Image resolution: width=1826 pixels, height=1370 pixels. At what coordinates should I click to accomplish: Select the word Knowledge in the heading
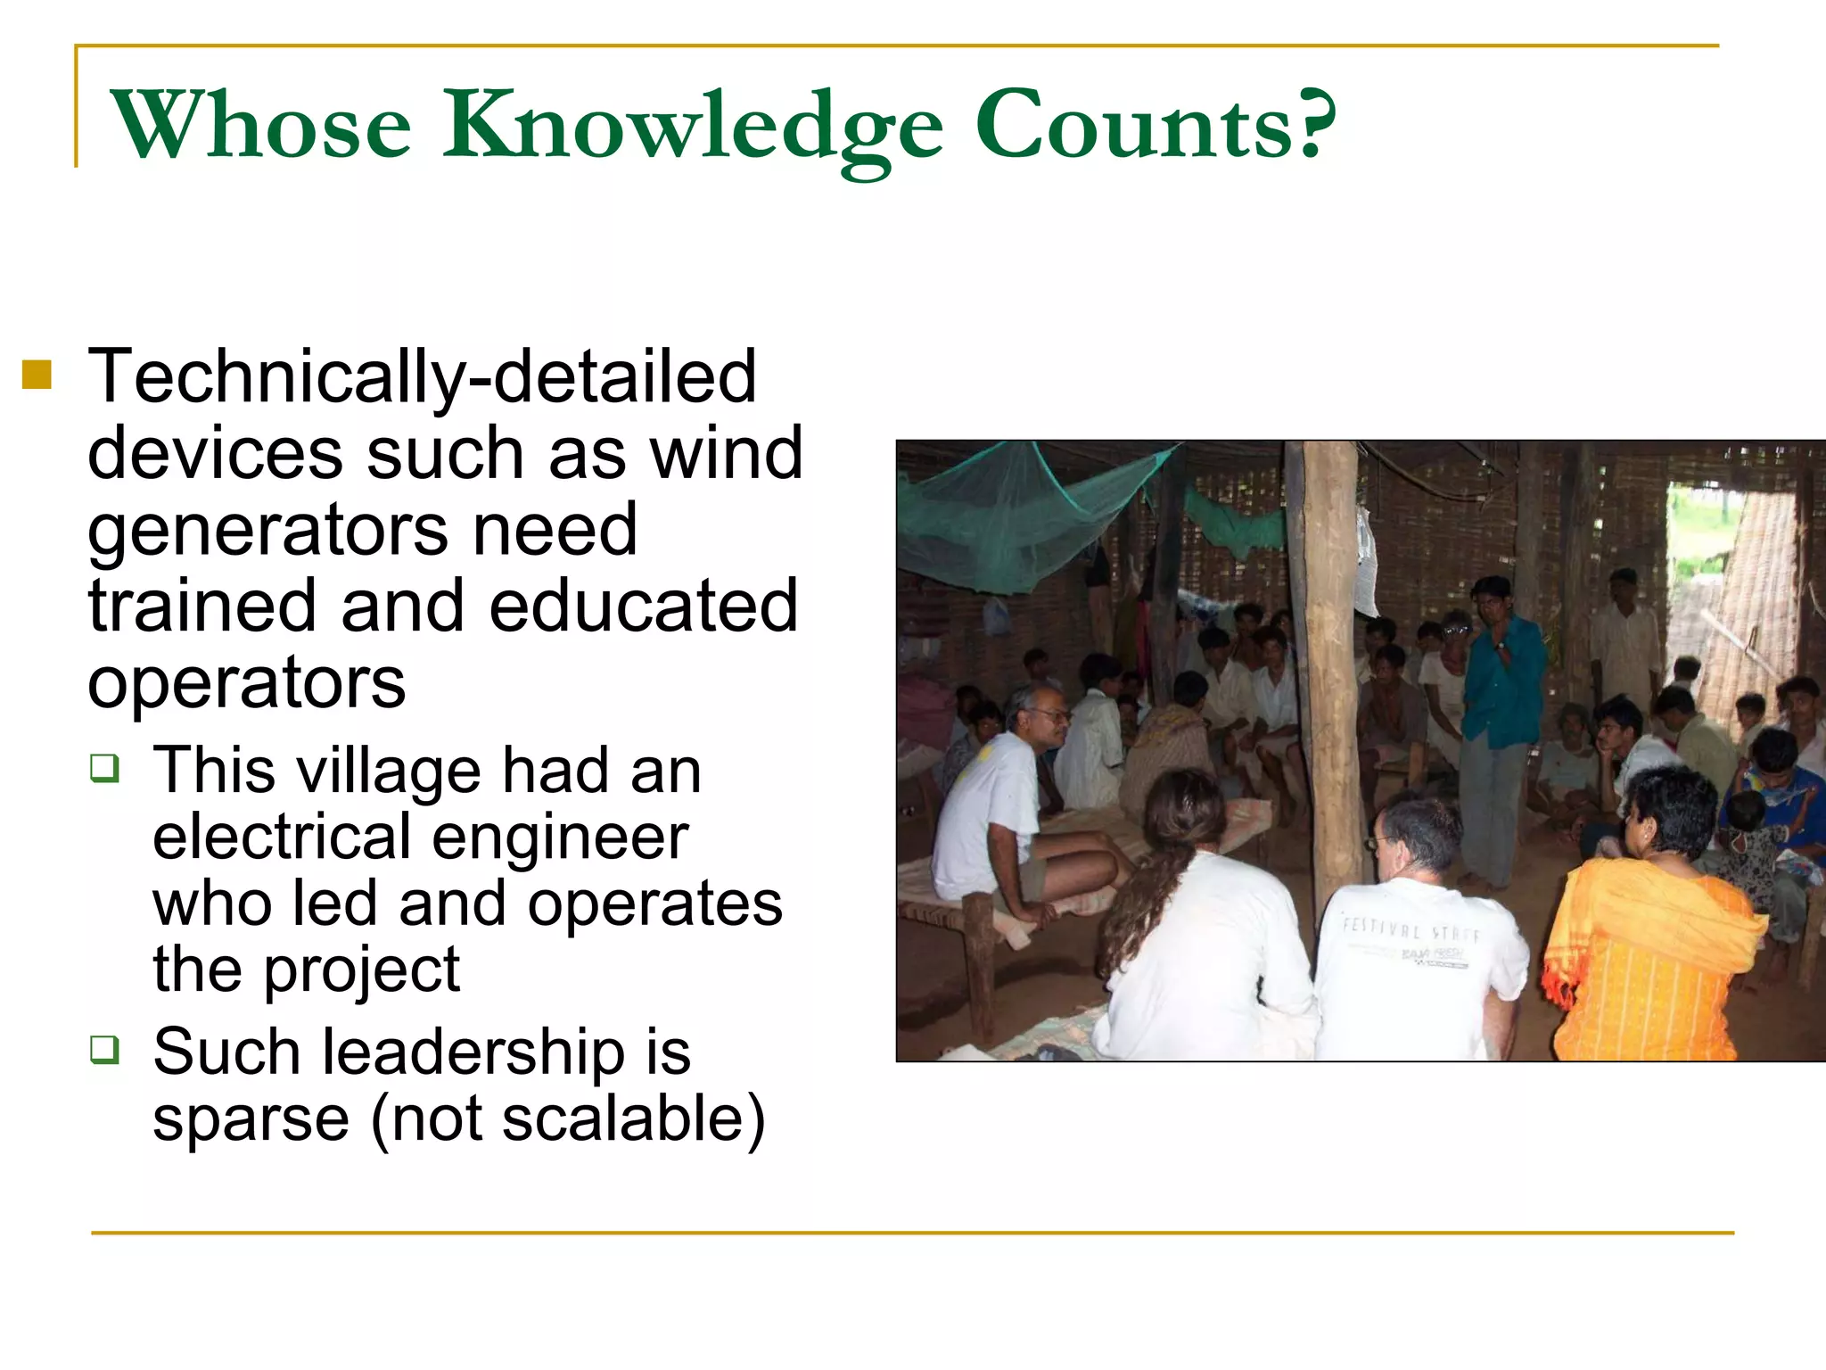click(694, 127)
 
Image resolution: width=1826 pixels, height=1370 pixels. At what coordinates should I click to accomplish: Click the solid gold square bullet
click(37, 375)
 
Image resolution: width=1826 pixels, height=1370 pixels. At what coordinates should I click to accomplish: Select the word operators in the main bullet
click(247, 683)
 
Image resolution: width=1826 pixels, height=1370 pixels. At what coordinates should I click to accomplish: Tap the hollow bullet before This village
click(104, 767)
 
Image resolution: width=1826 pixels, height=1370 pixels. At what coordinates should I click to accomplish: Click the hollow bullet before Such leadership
click(104, 1048)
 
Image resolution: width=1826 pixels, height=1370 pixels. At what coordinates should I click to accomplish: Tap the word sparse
click(251, 1118)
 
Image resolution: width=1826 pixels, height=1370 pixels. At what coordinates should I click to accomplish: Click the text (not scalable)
click(568, 1118)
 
